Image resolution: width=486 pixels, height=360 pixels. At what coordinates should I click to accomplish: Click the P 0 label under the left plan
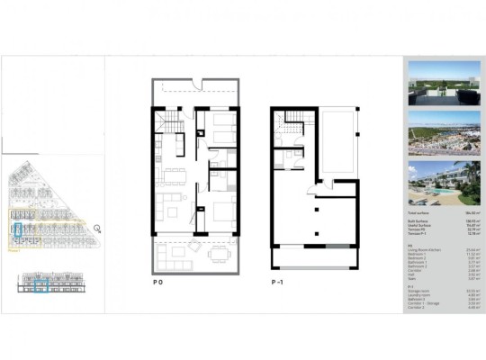pos(159,283)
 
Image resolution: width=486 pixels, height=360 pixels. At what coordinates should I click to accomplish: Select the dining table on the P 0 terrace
pos(219,255)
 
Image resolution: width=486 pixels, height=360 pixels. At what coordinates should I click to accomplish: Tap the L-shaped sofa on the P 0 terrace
pos(169,256)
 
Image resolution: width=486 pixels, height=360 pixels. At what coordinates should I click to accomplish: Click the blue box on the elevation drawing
pos(41,287)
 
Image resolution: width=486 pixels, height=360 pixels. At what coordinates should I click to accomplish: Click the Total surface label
pos(416,213)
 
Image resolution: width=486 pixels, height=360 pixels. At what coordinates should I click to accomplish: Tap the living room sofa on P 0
pos(167,207)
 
